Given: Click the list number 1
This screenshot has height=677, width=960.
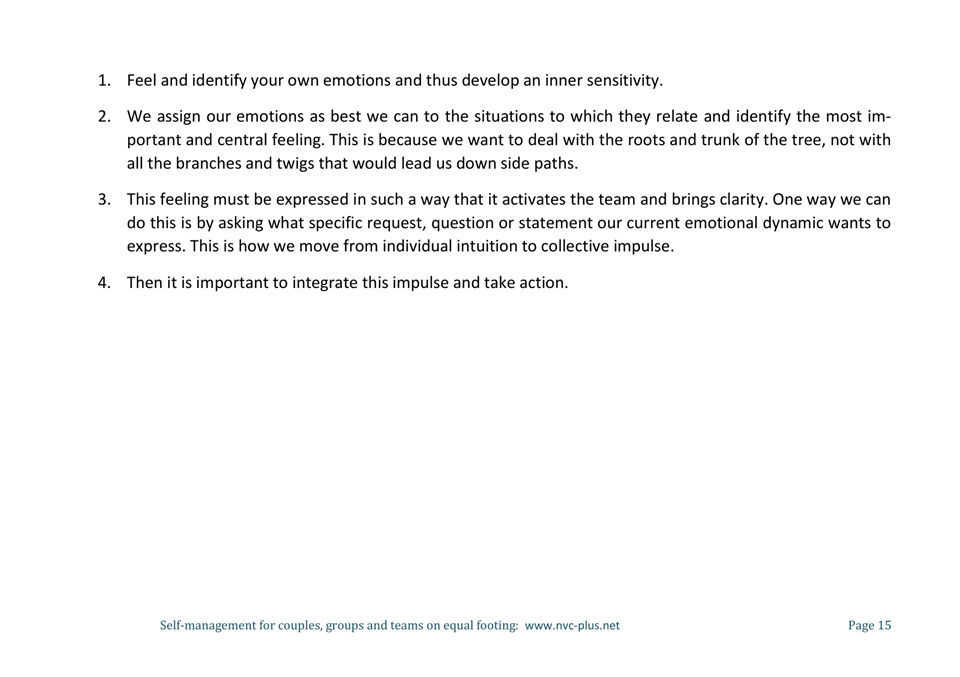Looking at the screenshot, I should pyautogui.click(x=103, y=81).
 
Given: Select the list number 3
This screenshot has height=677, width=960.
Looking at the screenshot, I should pyautogui.click(x=103, y=199).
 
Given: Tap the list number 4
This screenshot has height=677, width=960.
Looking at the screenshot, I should pyautogui.click(x=103, y=283).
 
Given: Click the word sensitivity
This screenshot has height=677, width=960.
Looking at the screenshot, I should pyautogui.click(x=617, y=81).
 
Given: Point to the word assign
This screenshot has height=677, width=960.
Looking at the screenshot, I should pyautogui.click(x=180, y=116).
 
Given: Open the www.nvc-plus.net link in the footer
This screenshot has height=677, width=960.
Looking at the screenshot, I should pyautogui.click(x=572, y=626).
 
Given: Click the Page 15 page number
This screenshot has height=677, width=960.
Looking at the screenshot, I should pyautogui.click(x=869, y=626).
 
